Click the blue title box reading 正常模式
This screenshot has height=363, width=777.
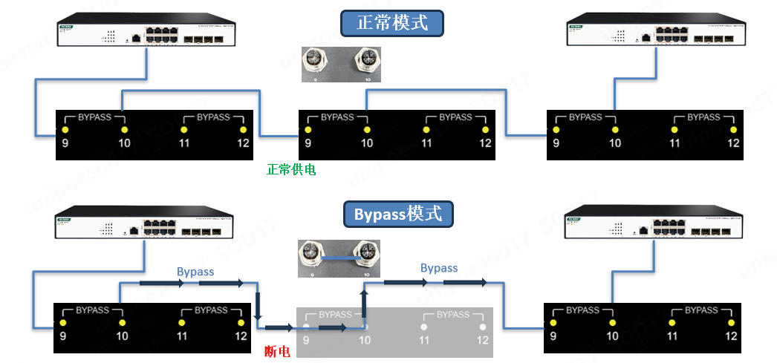click(x=392, y=23)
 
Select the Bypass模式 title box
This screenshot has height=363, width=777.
click(x=398, y=215)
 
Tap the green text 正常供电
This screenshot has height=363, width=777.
click(x=291, y=170)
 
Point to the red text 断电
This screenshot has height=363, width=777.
click(x=278, y=351)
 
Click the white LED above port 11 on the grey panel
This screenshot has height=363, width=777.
click(x=423, y=327)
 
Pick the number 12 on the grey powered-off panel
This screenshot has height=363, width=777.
click(x=483, y=340)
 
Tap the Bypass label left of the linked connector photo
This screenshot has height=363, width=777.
click(x=195, y=272)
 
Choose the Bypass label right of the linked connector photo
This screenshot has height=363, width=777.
click(x=439, y=268)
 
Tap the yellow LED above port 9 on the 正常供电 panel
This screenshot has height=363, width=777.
click(x=307, y=130)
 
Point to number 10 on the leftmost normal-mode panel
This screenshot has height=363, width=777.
click(x=123, y=143)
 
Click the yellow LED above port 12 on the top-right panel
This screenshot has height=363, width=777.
click(x=733, y=130)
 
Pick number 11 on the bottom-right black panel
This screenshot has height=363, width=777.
click(x=672, y=336)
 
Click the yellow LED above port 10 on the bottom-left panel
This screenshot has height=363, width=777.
click(x=122, y=324)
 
